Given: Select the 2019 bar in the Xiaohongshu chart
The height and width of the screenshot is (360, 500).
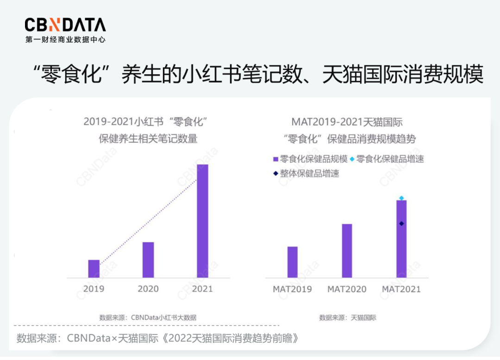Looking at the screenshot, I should [94, 269].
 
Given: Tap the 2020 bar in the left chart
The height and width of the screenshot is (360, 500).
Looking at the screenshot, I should [148, 259].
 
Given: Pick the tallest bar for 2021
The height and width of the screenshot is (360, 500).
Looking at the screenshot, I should [202, 221].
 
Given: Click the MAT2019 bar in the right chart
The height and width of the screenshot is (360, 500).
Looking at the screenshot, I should [293, 262].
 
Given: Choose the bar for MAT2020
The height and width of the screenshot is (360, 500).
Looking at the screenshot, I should [347, 251].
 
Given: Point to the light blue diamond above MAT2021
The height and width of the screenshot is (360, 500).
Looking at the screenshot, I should [401, 198].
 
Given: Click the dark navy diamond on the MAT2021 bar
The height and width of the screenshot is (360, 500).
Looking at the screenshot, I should [401, 223].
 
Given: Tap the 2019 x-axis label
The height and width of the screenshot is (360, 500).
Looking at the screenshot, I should [94, 289].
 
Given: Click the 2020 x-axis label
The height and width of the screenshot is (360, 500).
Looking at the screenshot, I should [148, 289].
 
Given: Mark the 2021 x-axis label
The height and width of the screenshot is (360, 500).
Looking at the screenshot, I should [202, 289].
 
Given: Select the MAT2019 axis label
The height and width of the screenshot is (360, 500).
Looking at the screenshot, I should [293, 289].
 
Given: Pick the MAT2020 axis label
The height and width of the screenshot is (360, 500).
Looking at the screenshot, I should [347, 289].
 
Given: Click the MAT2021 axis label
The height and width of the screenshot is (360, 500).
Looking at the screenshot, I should [401, 289].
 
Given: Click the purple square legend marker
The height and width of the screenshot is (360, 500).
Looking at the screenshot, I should [275, 159].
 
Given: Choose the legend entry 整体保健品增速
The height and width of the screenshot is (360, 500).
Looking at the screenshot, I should [309, 174].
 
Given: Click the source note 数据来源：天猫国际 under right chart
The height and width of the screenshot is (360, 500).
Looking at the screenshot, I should [348, 318].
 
